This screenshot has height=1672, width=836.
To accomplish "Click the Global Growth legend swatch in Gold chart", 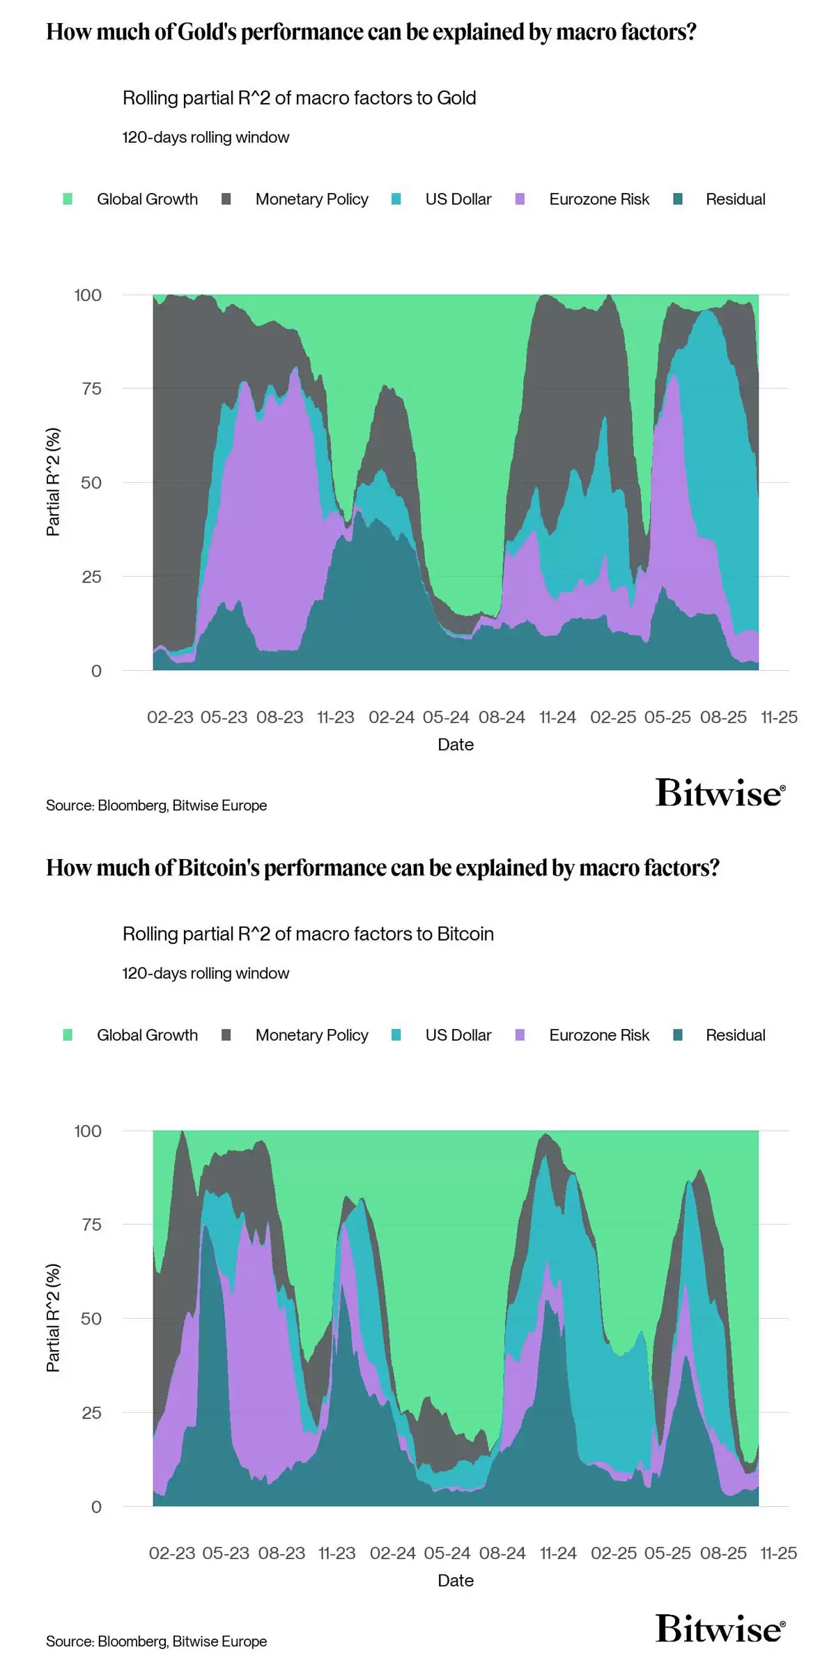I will click(68, 199).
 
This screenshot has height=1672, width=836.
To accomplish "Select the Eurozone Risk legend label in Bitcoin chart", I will click(598, 1035).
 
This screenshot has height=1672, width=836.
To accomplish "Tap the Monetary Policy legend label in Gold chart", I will click(311, 199).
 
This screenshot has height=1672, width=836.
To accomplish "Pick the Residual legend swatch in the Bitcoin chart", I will click(678, 1035).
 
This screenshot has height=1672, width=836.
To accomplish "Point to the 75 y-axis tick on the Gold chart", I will click(91, 389).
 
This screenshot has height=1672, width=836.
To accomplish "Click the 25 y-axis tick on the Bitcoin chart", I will click(91, 1413).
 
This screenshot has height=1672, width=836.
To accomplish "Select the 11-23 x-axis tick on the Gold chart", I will click(335, 717).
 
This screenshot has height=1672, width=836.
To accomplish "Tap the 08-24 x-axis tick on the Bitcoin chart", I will click(502, 1553).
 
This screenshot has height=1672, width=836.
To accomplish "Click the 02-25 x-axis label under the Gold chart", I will click(613, 717).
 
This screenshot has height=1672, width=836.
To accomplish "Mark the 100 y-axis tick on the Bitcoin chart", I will click(88, 1131).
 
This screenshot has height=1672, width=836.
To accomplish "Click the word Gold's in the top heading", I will click(208, 32).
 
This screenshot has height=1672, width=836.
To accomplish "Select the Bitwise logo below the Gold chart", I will click(720, 794).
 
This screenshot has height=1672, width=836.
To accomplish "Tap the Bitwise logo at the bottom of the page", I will click(720, 1630).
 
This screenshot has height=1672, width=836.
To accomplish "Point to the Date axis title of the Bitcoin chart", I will click(456, 1580).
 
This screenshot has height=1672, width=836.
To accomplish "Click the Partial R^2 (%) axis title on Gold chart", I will click(53, 482).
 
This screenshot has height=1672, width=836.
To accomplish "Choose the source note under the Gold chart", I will click(157, 805).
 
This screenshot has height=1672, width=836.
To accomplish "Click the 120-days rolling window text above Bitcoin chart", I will click(206, 973).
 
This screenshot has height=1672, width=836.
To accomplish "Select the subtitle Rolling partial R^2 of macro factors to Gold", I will click(300, 98).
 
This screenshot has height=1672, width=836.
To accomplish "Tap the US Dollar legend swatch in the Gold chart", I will click(396, 199).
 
